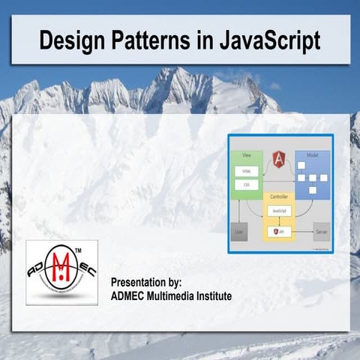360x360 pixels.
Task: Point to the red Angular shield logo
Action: [280, 158]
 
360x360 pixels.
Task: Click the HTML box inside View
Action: [247, 171]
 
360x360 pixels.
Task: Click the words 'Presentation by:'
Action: [146, 283]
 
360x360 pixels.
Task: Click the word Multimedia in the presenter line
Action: [169, 296]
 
